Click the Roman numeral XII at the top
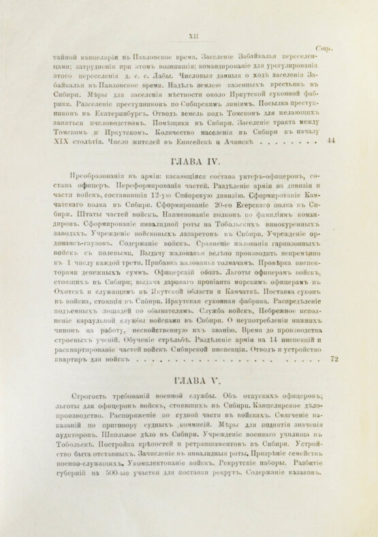tap(191, 38)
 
